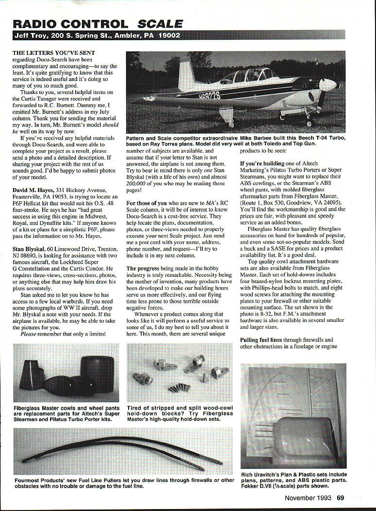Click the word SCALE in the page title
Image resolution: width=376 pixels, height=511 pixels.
160,23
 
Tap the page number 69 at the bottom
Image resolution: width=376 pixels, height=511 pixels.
341,497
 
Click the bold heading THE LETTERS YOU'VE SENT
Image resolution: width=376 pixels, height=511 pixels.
53,52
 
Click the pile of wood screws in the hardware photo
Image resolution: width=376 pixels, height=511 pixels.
179,387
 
